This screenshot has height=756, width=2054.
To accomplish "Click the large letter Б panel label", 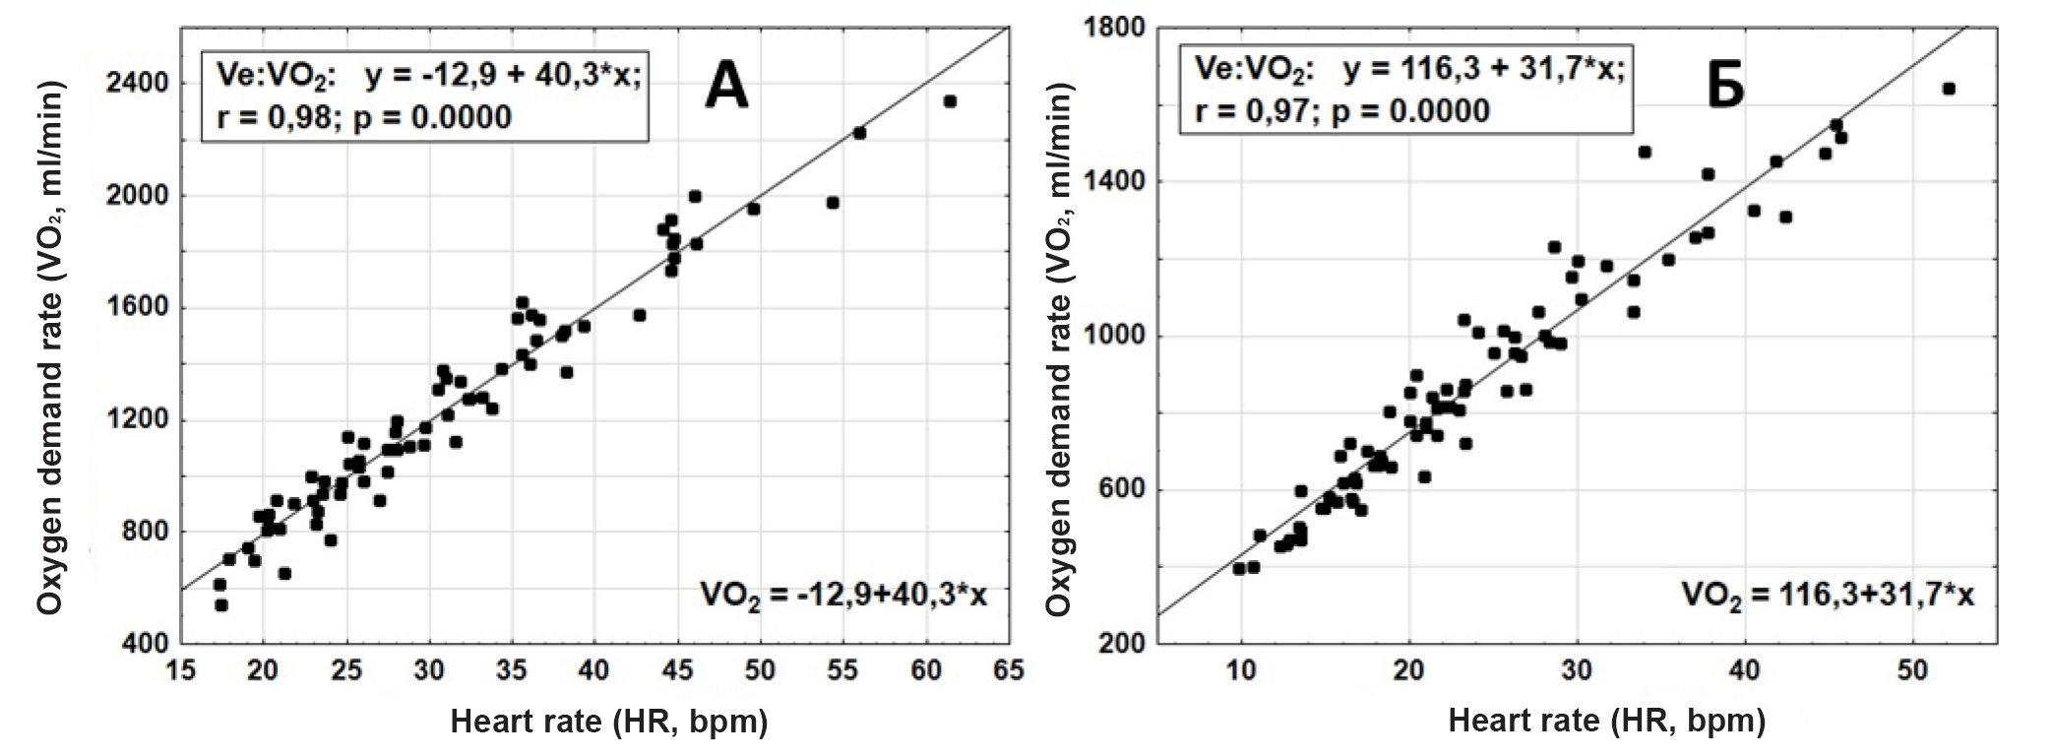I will pyautogui.click(x=1724, y=88).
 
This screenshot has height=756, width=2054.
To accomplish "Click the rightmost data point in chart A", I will pyautogui.click(x=950, y=101).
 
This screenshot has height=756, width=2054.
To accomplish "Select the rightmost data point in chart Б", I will pyautogui.click(x=1948, y=89).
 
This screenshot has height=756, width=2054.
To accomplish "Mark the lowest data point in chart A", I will pyautogui.click(x=221, y=605).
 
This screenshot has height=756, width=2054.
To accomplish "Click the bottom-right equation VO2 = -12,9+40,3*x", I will pyautogui.click(x=843, y=595).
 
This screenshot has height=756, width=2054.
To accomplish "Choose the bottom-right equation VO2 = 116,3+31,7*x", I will pyautogui.click(x=1827, y=595).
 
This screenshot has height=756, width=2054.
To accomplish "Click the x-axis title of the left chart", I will pyautogui.click(x=608, y=722).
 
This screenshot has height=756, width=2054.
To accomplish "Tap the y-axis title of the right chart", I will pyautogui.click(x=1058, y=348).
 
